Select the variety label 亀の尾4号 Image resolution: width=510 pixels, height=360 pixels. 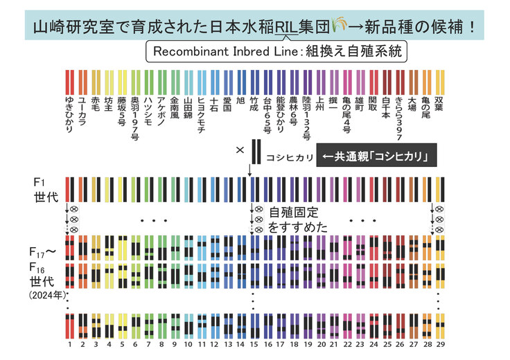(x=346, y=113)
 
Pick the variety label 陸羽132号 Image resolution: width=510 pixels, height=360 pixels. (x=307, y=114)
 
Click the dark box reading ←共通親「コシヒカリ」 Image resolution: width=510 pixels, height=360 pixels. (x=376, y=157)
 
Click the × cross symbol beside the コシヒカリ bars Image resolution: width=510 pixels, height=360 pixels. (x=240, y=150)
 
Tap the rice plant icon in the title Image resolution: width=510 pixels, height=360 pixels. (x=337, y=26)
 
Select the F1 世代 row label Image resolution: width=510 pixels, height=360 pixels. (x=42, y=188)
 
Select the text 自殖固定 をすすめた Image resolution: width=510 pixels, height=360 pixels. (x=298, y=219)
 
